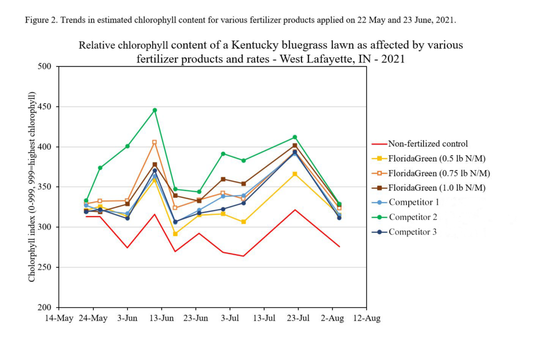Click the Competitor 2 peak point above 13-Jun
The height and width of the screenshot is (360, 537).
point(155,110)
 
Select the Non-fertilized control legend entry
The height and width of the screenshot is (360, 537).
point(420,144)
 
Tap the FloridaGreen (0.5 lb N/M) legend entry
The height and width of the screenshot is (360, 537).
point(429,158)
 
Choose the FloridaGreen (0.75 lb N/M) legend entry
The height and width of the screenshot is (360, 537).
point(431,173)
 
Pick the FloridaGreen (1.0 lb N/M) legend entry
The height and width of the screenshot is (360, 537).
point(429,187)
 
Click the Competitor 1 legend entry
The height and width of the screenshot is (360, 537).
point(405,202)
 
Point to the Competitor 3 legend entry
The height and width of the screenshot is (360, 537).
point(404,232)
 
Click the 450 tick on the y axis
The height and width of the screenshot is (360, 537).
point(44,107)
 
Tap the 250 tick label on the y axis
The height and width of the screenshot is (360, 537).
point(44,267)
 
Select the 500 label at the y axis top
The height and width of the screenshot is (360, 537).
point(44,66)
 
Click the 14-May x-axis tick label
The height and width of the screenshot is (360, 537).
point(59,318)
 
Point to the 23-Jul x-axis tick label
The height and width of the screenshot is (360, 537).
point(298,318)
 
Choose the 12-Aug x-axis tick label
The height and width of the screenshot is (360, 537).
point(367,318)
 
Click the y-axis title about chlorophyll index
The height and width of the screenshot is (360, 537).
point(31,187)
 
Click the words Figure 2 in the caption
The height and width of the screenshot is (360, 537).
point(41,20)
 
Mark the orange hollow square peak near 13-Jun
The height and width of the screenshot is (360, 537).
point(155,142)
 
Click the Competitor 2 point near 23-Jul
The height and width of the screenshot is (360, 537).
point(295,137)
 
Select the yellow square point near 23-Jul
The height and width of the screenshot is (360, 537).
point(295,174)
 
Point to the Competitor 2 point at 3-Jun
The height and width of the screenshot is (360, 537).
point(127,146)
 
